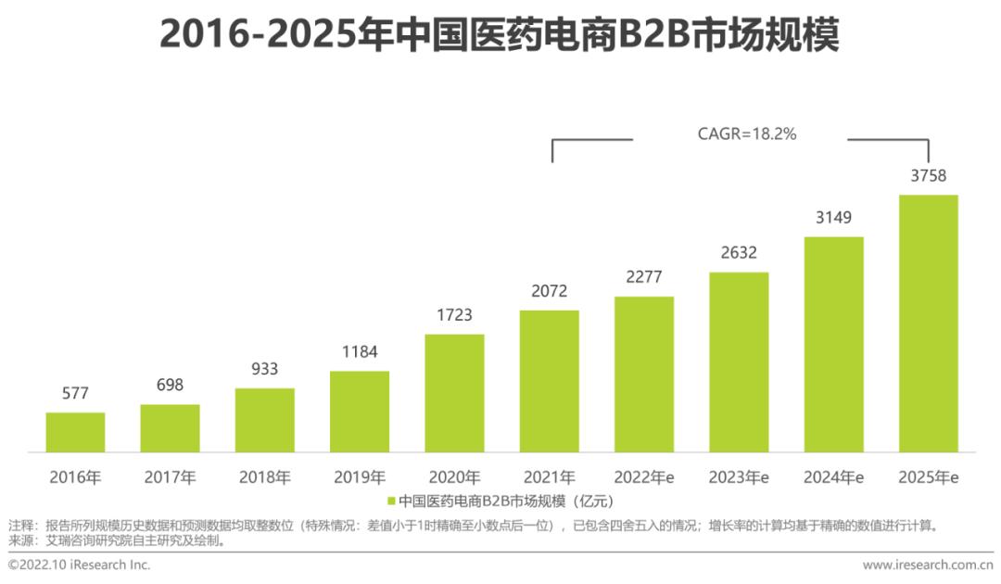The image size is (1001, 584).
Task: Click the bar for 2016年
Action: tap(75, 432)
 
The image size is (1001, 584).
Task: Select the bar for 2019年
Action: tap(360, 412)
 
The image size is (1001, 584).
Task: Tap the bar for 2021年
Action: tap(549, 381)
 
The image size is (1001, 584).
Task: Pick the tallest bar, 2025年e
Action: tap(928, 324)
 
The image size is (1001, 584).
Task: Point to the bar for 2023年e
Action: tap(739, 362)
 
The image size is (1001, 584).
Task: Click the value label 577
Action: tap(75, 393)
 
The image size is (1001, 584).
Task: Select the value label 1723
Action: tap(454, 315)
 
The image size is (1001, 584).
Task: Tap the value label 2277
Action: tap(643, 277)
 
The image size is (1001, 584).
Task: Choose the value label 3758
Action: tap(928, 176)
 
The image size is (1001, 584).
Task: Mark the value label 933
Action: tap(264, 369)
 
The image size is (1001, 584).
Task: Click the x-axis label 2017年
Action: tap(170, 478)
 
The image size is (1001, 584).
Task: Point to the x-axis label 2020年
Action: tap(454, 478)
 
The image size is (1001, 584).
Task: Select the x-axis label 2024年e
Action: tap(833, 478)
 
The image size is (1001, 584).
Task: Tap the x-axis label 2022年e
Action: tap(643, 478)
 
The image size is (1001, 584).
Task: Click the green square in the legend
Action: tap(391, 501)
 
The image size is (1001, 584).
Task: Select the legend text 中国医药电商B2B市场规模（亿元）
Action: tap(506, 501)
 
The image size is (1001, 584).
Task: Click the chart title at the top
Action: tap(500, 35)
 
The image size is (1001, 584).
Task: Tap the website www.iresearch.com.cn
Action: tap(927, 565)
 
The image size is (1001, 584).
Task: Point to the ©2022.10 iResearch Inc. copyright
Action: tap(79, 565)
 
